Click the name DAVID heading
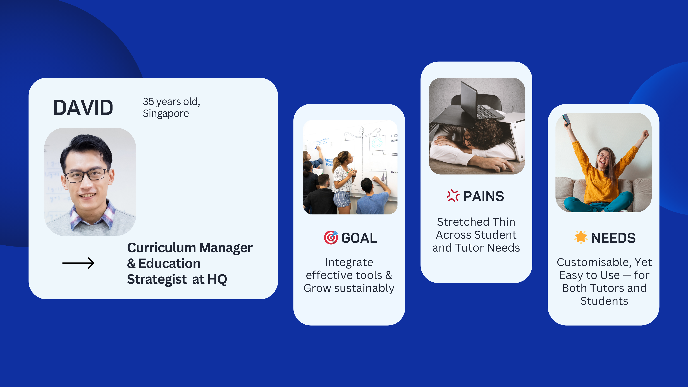[83, 108]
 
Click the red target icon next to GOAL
[331, 237]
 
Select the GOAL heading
[359, 238]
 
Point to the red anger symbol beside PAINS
[453, 196]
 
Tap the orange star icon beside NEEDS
[581, 237]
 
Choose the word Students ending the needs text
[604, 301]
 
